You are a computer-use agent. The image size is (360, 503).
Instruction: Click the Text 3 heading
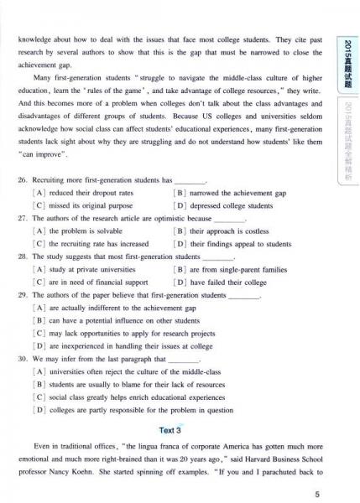point(170,430)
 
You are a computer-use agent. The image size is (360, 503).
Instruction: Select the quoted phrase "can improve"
point(52,157)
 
